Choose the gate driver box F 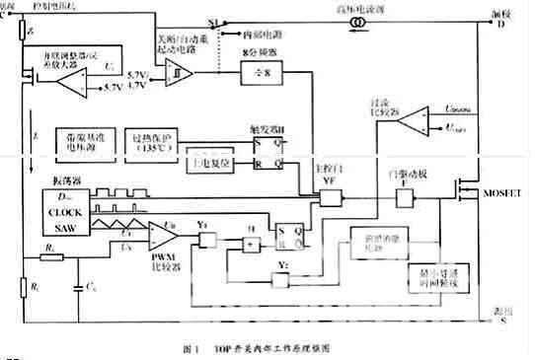403,197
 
